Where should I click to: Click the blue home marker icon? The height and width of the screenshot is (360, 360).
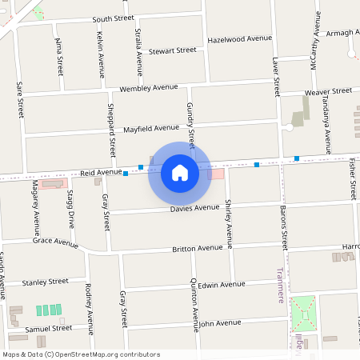[180, 172]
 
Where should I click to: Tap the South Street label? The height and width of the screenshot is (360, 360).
[114, 18]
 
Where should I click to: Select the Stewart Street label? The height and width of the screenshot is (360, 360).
[172, 50]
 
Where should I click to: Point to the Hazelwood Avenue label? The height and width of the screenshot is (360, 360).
[240, 38]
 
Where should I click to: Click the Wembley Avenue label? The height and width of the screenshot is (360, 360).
[148, 87]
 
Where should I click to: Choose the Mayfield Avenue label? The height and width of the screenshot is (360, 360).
[151, 128]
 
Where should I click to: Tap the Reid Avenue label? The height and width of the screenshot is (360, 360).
[101, 172]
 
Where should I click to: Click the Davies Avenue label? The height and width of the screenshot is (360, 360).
[194, 208]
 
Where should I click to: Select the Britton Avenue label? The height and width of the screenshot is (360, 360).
[198, 249]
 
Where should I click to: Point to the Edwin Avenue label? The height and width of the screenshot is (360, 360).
[221, 284]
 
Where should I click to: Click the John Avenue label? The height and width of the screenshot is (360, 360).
[219, 323]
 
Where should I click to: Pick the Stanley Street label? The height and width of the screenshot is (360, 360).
[45, 282]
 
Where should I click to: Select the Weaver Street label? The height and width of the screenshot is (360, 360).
[329, 93]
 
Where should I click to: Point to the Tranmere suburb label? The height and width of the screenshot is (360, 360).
[280, 285]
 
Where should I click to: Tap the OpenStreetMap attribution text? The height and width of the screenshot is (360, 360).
[81, 354]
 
